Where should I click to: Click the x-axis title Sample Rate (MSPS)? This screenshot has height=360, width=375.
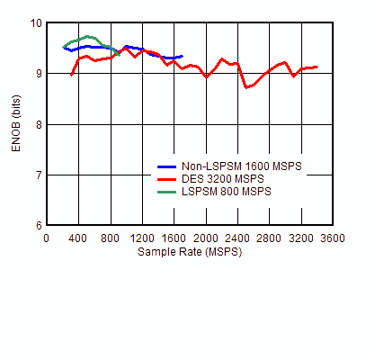pos(189,252)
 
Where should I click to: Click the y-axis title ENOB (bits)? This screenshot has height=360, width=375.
pos(15,123)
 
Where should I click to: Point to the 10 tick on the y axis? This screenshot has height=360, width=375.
pos(36,23)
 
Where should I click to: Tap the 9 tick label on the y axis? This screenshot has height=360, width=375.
pos(36,74)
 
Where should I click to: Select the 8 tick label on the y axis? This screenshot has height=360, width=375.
pos(36,124)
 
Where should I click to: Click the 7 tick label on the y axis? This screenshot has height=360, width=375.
pos(36,175)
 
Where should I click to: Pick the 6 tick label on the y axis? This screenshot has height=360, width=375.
pos(36,225)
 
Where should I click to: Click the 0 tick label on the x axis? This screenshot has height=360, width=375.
pos(47,238)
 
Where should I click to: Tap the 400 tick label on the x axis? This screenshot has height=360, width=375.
pos(78,238)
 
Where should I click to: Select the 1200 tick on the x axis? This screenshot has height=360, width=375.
pos(142,238)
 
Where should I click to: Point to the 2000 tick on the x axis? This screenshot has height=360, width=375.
pos(206,238)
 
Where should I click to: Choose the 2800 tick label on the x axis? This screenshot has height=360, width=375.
pos(270,238)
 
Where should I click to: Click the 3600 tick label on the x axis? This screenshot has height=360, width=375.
pos(333,238)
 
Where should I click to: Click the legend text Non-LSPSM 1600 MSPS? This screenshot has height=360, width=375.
pos(242,166)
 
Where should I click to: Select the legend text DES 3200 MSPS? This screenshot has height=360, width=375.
pos(223,179)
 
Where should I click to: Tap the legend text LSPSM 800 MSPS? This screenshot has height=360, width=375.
pos(226,192)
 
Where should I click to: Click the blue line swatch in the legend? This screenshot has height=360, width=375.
pos(166,166)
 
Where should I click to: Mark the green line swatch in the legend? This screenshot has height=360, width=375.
pos(166,192)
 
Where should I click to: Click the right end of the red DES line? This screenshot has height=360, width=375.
pos(317,67)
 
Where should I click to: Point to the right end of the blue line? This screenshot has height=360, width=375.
pos(182,56)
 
